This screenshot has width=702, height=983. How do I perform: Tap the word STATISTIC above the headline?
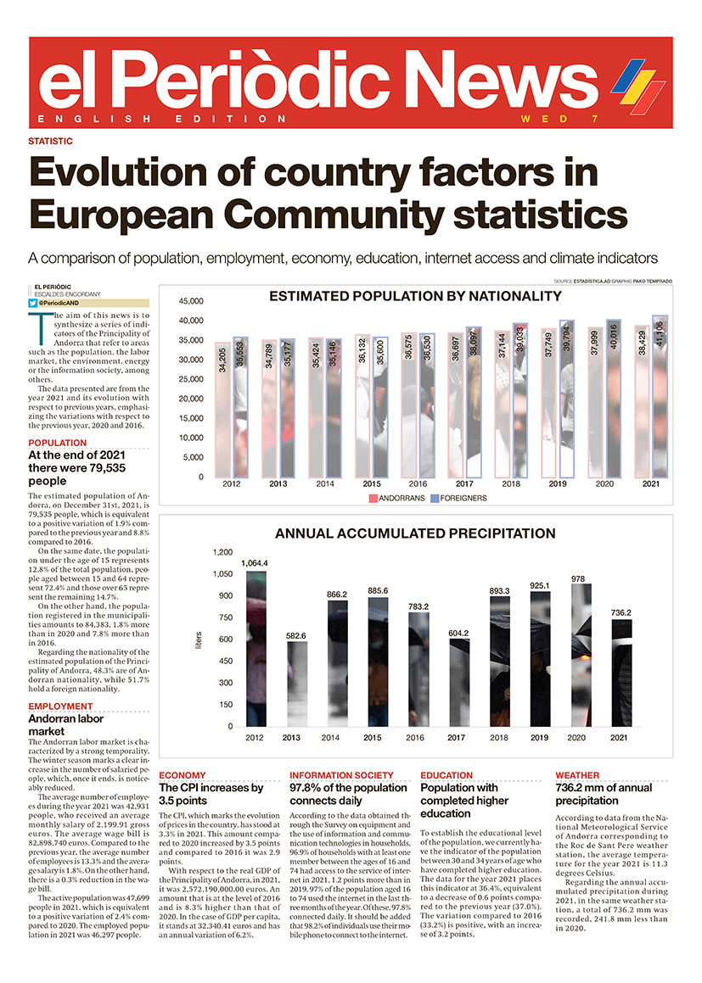[x=50, y=142]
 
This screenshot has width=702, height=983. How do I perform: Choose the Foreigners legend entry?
[x=458, y=498]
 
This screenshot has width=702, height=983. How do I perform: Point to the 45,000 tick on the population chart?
[x=190, y=301]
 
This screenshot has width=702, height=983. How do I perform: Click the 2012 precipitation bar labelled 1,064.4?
[x=255, y=649]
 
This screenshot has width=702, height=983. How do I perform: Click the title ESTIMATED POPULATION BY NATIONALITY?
[x=415, y=297]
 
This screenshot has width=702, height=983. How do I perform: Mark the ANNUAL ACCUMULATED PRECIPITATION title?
[x=415, y=534]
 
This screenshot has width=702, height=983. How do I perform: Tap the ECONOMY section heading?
[x=183, y=775]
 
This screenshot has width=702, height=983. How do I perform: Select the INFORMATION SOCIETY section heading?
[x=341, y=775]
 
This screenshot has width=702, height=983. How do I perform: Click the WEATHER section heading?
[x=577, y=775]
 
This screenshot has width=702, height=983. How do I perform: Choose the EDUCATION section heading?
[x=446, y=775]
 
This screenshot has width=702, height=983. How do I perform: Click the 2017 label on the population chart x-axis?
[x=455, y=483]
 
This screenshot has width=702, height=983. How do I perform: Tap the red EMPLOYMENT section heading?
[x=60, y=707]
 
